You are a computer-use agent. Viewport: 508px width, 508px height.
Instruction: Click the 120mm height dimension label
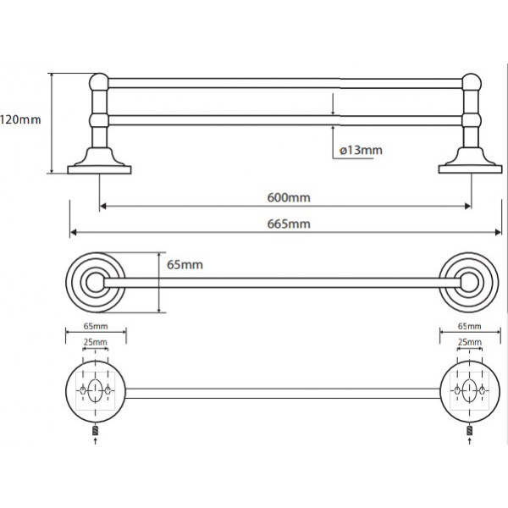pyautogui.click(x=20, y=120)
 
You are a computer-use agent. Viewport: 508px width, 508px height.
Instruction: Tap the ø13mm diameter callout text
pyautogui.click(x=361, y=151)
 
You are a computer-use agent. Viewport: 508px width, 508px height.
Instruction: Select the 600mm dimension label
pyautogui.click(x=289, y=197)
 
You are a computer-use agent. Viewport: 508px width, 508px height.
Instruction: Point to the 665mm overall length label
pyautogui.click(x=289, y=224)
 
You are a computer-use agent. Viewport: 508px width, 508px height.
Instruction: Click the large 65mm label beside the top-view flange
pyautogui.click(x=185, y=265)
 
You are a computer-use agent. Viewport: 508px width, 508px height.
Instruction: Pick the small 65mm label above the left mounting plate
pyautogui.click(x=96, y=326)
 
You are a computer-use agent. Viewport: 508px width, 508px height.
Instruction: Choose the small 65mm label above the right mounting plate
pyautogui.click(x=470, y=326)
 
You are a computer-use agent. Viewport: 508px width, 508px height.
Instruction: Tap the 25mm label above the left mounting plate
pyautogui.click(x=95, y=342)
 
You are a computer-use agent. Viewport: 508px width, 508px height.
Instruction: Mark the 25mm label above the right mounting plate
pyautogui.click(x=470, y=342)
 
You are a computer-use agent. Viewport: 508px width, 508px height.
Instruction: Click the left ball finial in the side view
pyautogui.click(x=99, y=82)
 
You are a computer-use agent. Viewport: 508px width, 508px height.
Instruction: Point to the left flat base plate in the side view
pyautogui.click(x=99, y=170)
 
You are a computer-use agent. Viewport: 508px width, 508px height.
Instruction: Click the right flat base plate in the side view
pyautogui.click(x=470, y=169)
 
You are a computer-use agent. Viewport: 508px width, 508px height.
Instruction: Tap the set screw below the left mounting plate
pyautogui.click(x=95, y=431)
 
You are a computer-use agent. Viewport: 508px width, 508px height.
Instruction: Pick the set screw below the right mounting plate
pyautogui.click(x=469, y=431)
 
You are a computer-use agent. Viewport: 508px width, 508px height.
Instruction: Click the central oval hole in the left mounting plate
pyautogui.click(x=95, y=390)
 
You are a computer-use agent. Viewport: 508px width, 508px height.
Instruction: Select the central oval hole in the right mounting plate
pyautogui.click(x=469, y=390)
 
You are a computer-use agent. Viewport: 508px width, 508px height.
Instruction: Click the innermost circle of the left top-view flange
pyautogui.click(x=95, y=283)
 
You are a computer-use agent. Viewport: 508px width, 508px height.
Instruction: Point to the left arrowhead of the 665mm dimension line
pyautogui.click(x=73, y=232)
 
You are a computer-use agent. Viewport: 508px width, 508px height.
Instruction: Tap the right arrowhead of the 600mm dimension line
pyautogui.click(x=467, y=206)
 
